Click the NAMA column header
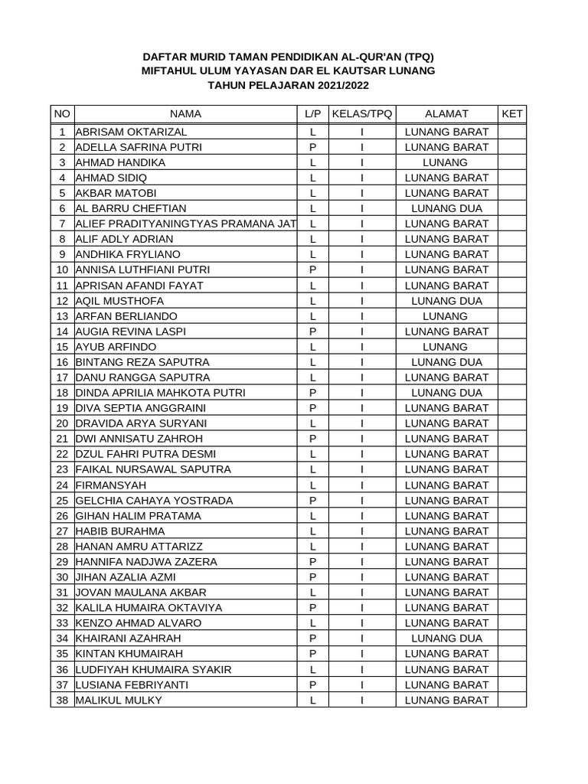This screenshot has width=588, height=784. point(185,113)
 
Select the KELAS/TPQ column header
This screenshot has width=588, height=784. point(361,113)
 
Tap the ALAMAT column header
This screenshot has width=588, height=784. point(446,113)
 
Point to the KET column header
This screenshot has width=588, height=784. point(511,113)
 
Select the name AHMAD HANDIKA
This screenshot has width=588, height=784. point(120,162)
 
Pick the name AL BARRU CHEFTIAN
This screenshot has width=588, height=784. point(131,208)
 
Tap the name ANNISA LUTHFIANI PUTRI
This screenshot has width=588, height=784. point(142,269)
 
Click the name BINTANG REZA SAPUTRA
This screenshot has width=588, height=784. point(142,362)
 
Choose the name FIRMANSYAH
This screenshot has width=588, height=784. point(111,485)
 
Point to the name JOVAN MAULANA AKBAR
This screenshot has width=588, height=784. point(141,592)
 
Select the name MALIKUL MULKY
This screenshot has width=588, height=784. point(119,700)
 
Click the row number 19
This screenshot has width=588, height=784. point(62,408)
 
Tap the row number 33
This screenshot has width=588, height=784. point(62,622)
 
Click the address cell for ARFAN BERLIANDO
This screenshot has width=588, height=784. point(446,316)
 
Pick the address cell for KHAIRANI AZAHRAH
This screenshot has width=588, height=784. point(446,639)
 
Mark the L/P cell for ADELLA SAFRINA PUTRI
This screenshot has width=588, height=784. point(312,147)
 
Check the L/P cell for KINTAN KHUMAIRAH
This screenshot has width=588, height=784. point(312,654)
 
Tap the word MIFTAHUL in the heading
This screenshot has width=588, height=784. point(173,70)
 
